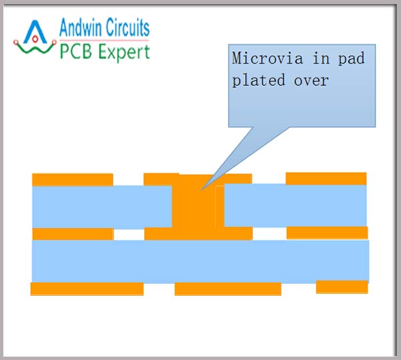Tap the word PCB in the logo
click(76, 51)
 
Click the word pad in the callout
click(351, 59)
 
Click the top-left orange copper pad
click(72, 179)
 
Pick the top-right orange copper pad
click(326, 178)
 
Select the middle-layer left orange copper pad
click(72, 234)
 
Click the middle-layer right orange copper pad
click(327, 232)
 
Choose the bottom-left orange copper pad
click(87, 288)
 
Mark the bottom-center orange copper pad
click(227, 288)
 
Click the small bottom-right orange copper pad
click(342, 286)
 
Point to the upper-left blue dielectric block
click(100, 206)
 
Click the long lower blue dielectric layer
click(200, 261)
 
